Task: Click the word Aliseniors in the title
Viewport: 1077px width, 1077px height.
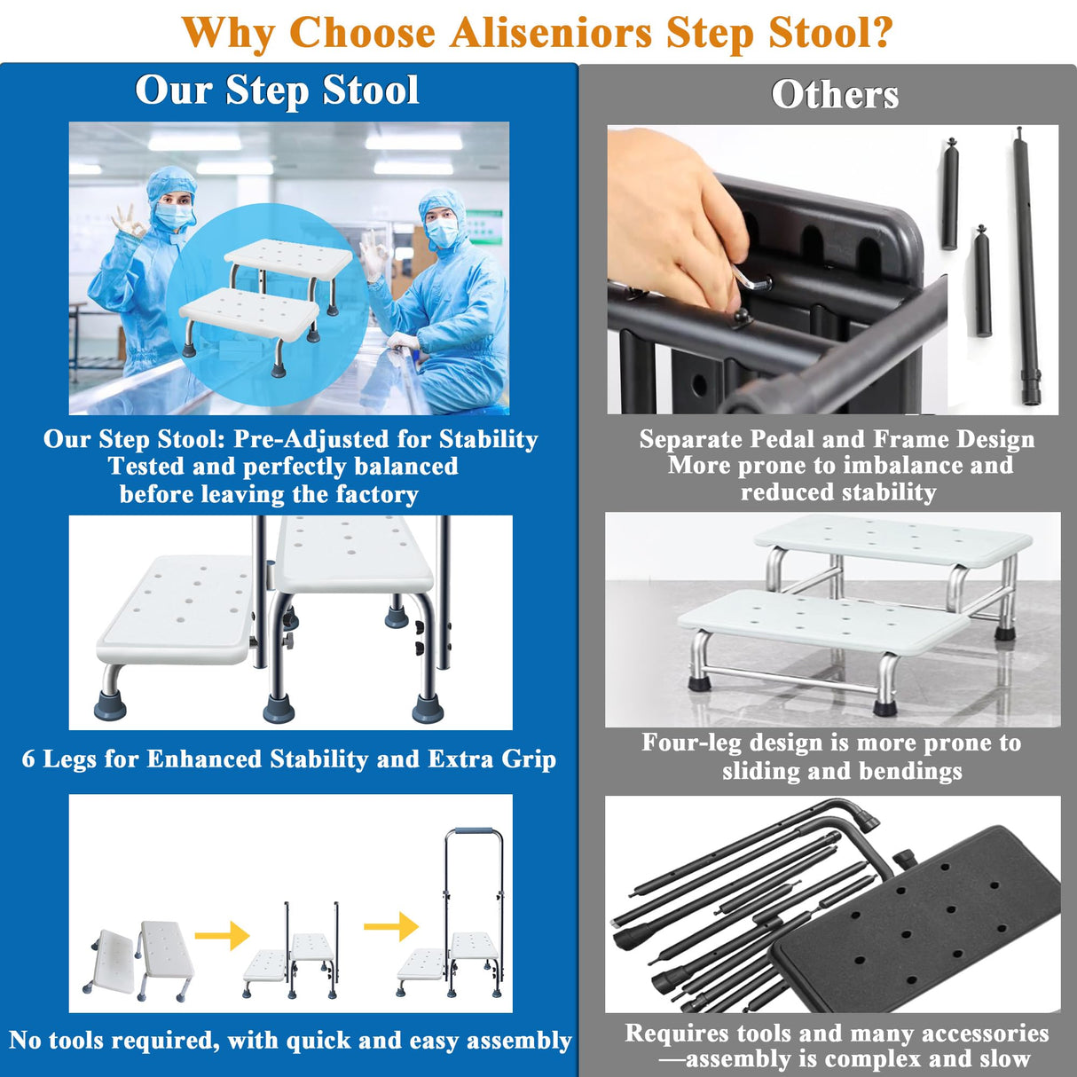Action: pyautogui.click(x=550, y=34)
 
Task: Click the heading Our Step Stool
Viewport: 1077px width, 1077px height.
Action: pyautogui.click(x=277, y=90)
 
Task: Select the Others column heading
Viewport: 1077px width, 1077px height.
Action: pyautogui.click(x=835, y=95)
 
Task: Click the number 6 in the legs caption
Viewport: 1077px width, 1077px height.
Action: pyautogui.click(x=29, y=759)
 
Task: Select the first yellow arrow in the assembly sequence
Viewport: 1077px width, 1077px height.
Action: pyautogui.click(x=222, y=935)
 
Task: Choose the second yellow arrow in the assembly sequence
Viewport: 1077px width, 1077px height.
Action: pyautogui.click(x=391, y=926)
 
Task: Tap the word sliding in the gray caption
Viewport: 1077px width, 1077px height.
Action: pyautogui.click(x=761, y=771)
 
